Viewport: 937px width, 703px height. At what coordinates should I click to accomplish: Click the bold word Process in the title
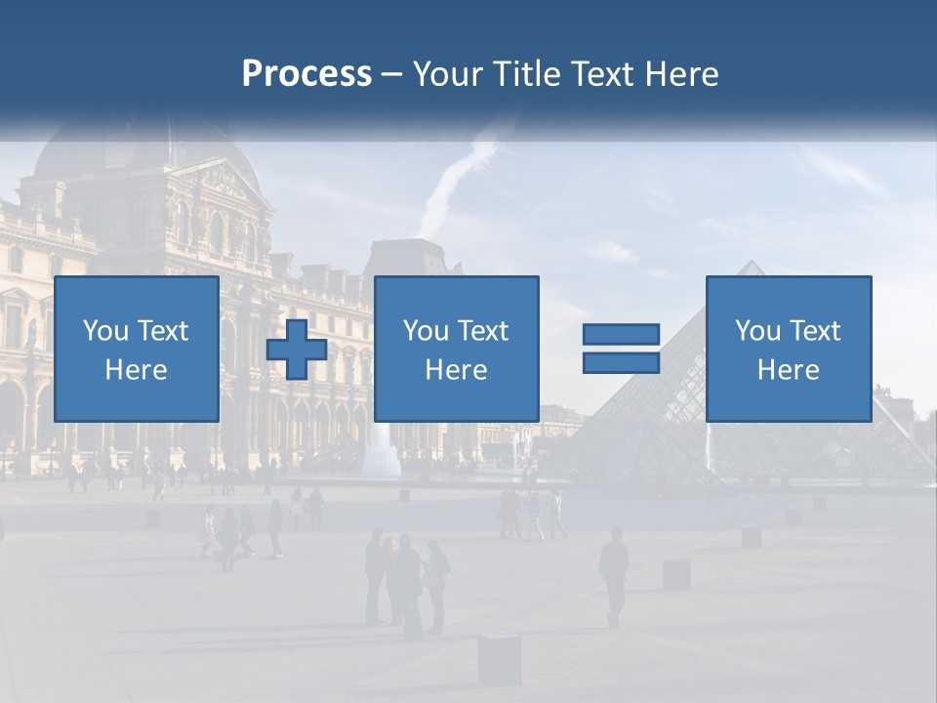click(306, 73)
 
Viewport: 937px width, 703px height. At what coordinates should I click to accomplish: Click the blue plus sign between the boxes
click(297, 350)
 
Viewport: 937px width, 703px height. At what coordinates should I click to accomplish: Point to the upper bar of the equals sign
click(621, 335)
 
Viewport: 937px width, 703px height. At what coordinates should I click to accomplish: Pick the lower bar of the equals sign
click(621, 362)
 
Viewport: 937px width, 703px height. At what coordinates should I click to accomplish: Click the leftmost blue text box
click(136, 349)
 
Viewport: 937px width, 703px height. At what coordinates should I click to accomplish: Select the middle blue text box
click(456, 349)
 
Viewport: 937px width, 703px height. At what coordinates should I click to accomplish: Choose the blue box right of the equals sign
click(788, 349)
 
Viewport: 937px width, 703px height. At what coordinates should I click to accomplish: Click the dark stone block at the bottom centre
click(499, 658)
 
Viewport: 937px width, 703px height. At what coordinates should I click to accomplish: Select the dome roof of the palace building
click(98, 156)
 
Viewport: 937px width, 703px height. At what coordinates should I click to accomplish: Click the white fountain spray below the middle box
click(381, 451)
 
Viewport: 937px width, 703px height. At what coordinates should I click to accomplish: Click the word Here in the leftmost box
click(136, 370)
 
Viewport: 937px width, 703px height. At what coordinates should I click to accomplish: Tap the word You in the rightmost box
click(757, 331)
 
